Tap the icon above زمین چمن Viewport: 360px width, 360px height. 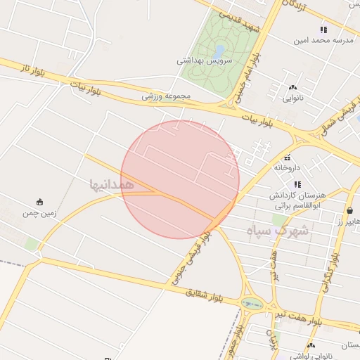click(39, 200)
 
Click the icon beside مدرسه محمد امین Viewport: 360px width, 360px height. click(323, 30)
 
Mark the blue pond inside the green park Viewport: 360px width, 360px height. click(220, 51)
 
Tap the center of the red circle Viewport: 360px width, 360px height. click(180, 179)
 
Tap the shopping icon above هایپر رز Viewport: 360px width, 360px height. click(350, 210)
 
